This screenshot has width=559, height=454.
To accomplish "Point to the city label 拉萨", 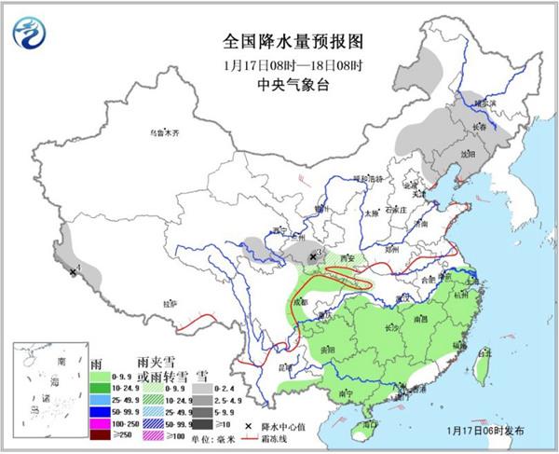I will click(x=170, y=303).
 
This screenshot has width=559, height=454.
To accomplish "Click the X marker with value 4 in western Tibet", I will click(x=72, y=272).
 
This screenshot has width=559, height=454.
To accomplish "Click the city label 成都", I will click(x=300, y=303).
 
